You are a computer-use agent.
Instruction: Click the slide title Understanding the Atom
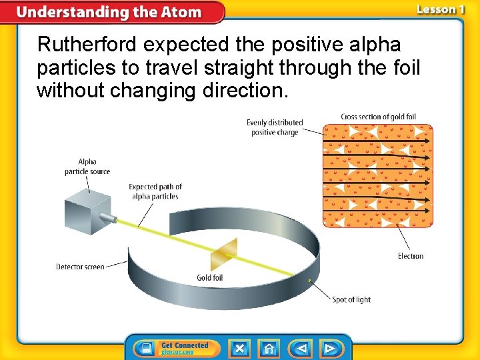tap(109, 12)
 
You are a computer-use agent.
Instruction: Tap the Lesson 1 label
tap(440, 9)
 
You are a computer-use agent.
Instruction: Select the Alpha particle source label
tap(87, 167)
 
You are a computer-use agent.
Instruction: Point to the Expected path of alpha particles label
tap(155, 191)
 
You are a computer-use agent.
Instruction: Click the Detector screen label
tap(80, 267)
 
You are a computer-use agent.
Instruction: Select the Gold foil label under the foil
tap(209, 278)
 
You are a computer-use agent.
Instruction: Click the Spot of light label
tap(351, 300)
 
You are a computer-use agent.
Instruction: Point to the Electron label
tap(410, 256)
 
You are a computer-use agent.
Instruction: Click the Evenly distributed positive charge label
tap(275, 127)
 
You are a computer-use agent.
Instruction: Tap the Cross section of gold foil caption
tap(378, 117)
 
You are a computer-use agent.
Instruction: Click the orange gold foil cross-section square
tap(378, 175)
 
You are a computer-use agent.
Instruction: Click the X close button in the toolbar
tap(239, 348)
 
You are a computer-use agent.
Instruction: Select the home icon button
tap(269, 348)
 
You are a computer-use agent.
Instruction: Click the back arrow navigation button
tap(301, 348)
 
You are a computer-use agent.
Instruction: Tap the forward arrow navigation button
tap(330, 348)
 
